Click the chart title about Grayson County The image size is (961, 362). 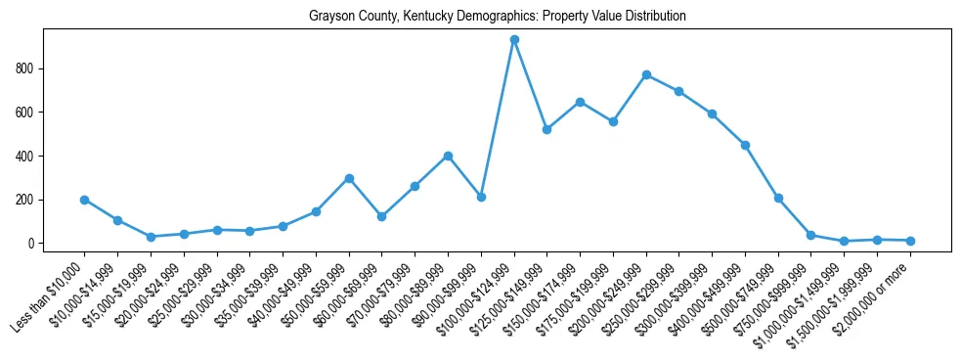(497, 17)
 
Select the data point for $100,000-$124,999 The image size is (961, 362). (514, 40)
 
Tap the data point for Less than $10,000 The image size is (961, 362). (85, 200)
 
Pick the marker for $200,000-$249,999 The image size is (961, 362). (646, 74)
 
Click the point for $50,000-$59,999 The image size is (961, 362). (349, 178)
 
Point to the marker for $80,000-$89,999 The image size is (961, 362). (448, 156)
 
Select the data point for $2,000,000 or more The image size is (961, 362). (910, 241)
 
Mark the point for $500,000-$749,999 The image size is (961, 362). (778, 198)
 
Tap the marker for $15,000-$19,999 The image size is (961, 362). (151, 237)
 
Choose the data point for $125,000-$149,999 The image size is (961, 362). (546, 129)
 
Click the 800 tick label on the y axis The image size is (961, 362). (26, 68)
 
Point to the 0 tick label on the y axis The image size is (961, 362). (32, 244)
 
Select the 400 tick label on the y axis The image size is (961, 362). (26, 156)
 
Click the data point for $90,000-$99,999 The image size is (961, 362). (481, 197)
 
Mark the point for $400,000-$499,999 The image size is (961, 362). (745, 145)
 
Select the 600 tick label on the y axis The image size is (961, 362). (26, 113)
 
